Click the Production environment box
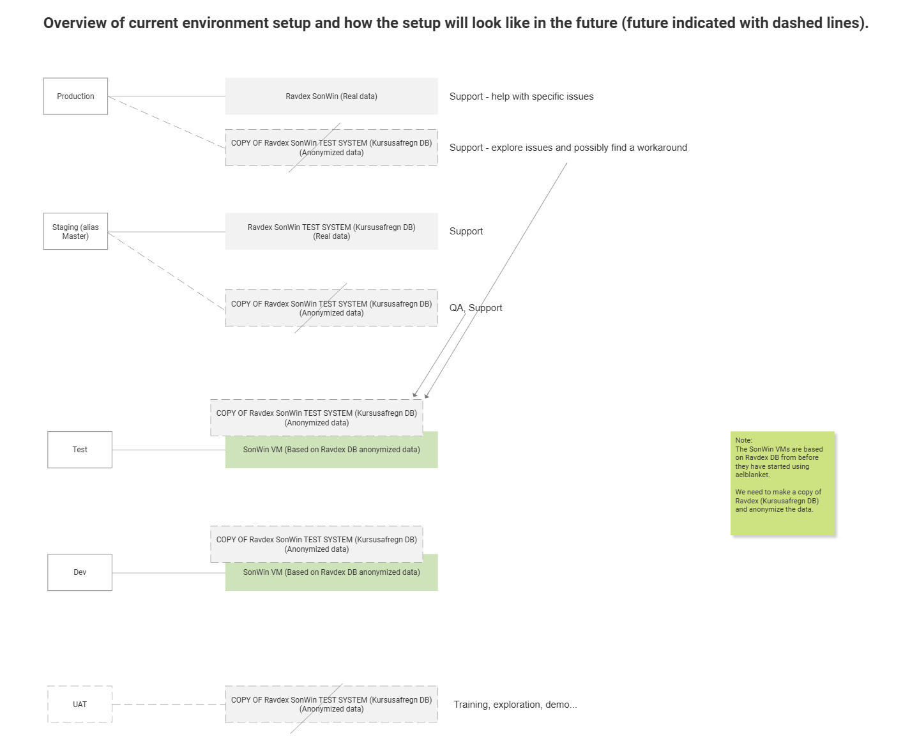click(75, 96)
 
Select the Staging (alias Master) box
click(75, 231)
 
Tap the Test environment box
click(80, 450)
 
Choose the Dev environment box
click(80, 572)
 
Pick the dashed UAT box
click(80, 704)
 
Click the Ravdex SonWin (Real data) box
click(331, 96)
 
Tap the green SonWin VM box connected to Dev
click(331, 576)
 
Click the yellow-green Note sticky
click(782, 484)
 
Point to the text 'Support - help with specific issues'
click(521, 96)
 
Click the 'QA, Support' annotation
click(476, 308)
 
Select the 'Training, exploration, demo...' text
click(515, 705)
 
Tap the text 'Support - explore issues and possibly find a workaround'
click(568, 148)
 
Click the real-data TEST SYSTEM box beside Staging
click(331, 231)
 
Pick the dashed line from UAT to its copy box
click(169, 705)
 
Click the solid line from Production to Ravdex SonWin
click(167, 96)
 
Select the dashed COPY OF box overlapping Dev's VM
click(317, 544)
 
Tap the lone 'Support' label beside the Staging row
click(466, 231)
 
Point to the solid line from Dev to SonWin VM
click(169, 573)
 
